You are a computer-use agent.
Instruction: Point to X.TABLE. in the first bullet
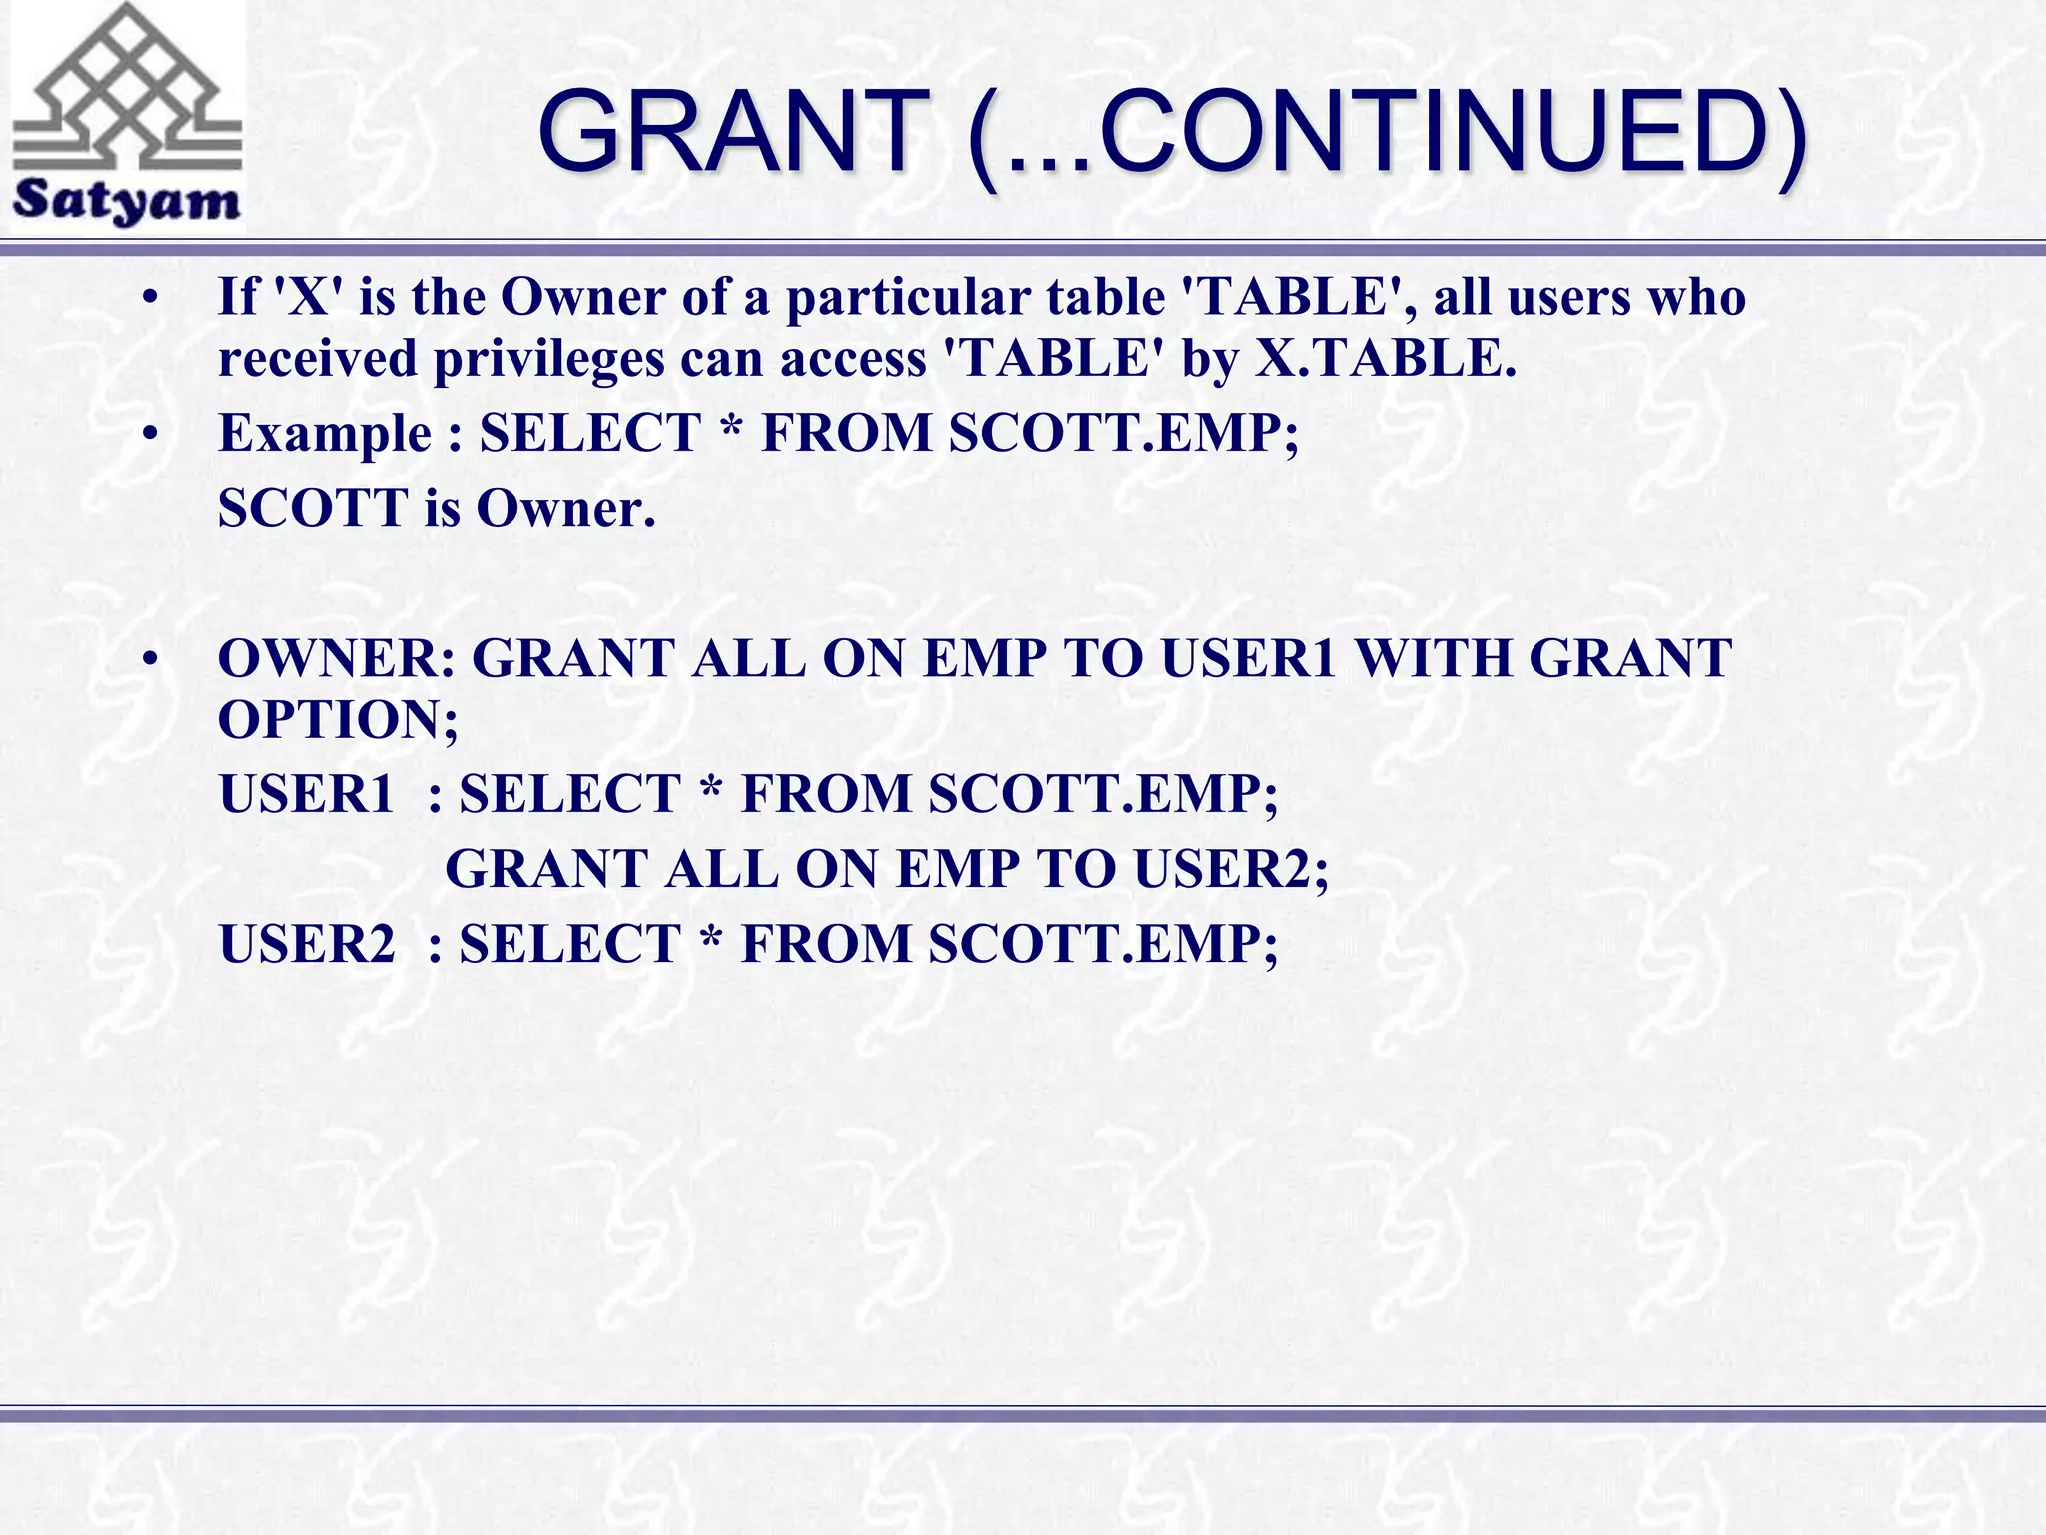pyautogui.click(x=1386, y=358)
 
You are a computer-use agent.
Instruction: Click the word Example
pyautogui.click(x=326, y=433)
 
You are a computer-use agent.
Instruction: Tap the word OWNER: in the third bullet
pyautogui.click(x=336, y=658)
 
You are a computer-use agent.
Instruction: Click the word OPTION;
pyautogui.click(x=338, y=719)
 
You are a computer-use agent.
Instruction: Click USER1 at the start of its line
pyautogui.click(x=307, y=794)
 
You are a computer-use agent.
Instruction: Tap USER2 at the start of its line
pyautogui.click(x=307, y=944)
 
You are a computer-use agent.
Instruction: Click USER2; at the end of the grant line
pyautogui.click(x=1231, y=869)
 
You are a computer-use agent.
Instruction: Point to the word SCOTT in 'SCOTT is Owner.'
pyautogui.click(x=313, y=508)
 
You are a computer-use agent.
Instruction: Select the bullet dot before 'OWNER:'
pyautogui.click(x=150, y=660)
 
